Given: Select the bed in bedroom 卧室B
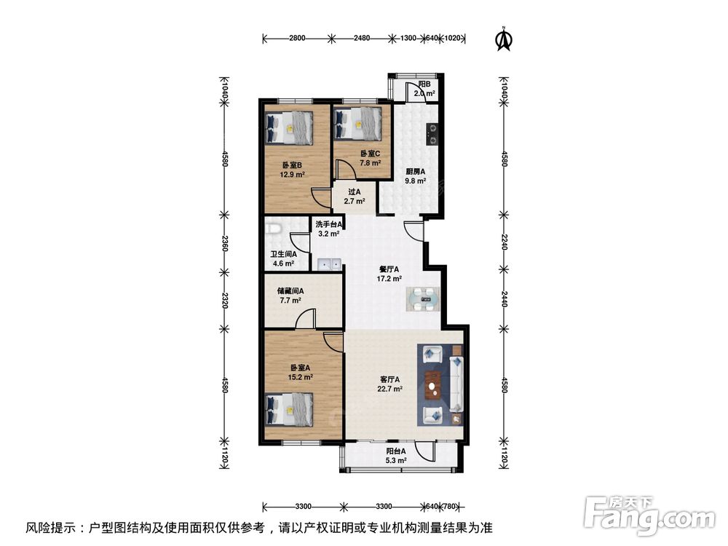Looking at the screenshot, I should [289, 127].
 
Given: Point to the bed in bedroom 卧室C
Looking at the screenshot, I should [357, 124].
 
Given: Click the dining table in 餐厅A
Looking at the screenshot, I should [422, 297].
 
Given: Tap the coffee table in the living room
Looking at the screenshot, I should [435, 385].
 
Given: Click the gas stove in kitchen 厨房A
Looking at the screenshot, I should [432, 133].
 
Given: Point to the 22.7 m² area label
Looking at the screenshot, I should [390, 389].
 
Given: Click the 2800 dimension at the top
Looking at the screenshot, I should [296, 38].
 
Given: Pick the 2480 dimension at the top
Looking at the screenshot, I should [362, 38].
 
